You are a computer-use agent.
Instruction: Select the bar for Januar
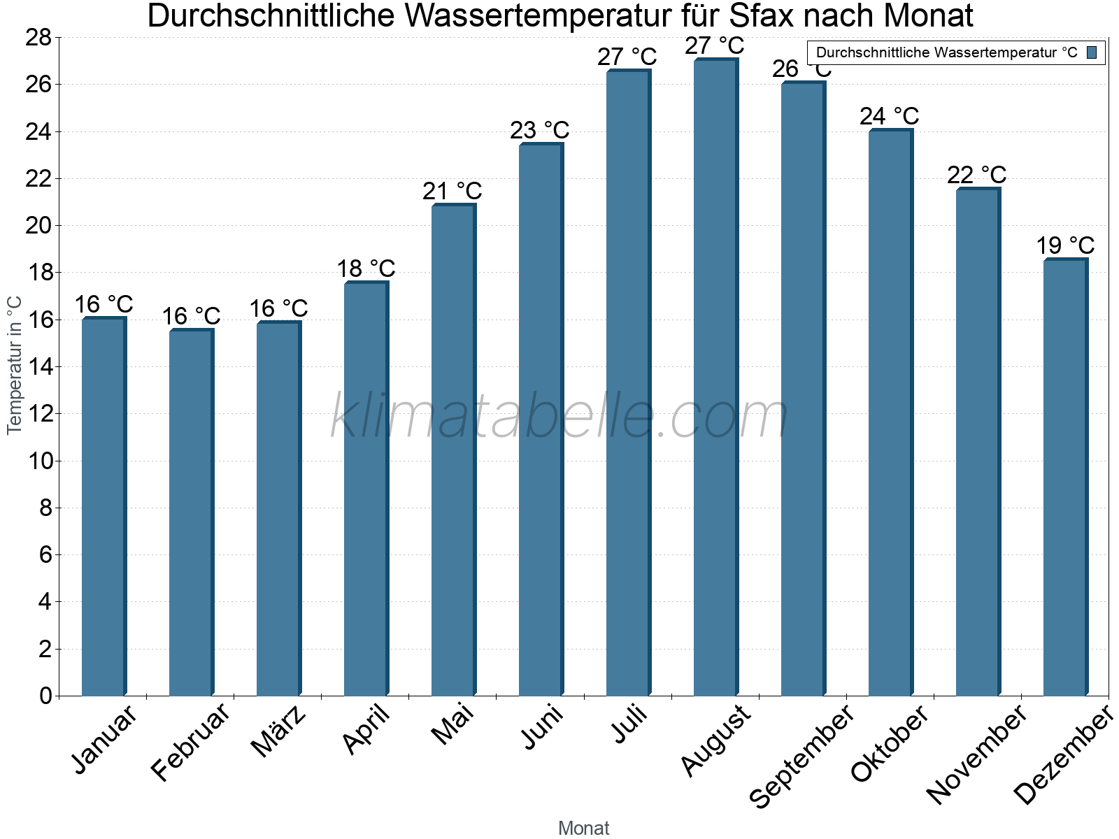click(x=104, y=507)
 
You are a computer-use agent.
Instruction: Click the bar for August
click(x=715, y=378)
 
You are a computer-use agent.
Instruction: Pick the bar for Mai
click(x=453, y=450)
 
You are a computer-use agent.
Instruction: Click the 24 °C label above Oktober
click(x=890, y=116)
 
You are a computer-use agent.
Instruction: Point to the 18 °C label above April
click(x=366, y=268)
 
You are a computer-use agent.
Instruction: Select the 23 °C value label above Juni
click(x=540, y=131)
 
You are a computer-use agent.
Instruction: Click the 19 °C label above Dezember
click(x=1065, y=246)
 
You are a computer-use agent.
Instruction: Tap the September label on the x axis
click(x=801, y=756)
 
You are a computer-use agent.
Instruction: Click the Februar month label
click(x=190, y=742)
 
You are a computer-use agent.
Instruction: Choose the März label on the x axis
click(x=279, y=731)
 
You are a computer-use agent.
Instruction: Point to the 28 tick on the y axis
click(x=38, y=38)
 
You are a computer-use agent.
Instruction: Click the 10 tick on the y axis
click(x=38, y=461)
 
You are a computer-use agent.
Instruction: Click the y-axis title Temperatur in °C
click(x=15, y=364)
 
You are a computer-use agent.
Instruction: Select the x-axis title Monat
click(x=583, y=828)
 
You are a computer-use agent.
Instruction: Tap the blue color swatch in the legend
click(x=1092, y=52)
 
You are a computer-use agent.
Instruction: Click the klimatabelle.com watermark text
click(x=559, y=417)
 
